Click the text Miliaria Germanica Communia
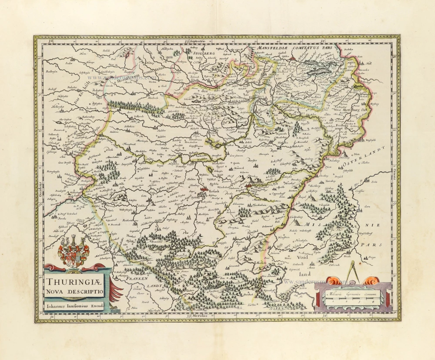(x=352, y=294)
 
